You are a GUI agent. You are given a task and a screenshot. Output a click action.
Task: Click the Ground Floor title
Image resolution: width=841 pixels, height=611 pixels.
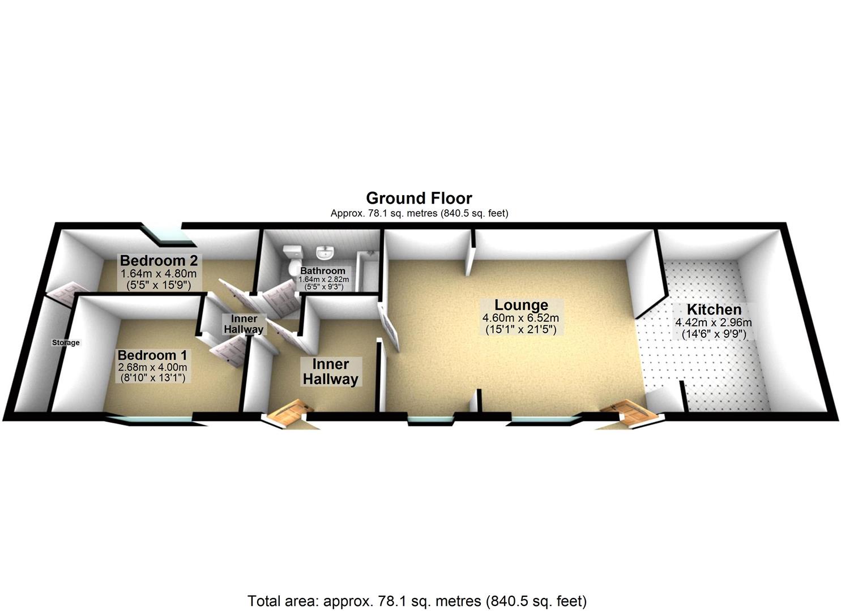419,198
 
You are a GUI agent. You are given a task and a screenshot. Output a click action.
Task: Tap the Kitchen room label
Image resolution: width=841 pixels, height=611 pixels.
714,310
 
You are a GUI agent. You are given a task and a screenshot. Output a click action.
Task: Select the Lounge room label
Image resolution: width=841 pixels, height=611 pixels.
521,305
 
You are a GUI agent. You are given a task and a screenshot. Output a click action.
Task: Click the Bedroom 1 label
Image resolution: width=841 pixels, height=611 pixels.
152,355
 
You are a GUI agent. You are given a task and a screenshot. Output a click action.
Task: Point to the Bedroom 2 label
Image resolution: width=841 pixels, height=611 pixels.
159,261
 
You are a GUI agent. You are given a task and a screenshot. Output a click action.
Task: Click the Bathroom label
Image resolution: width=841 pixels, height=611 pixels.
323,271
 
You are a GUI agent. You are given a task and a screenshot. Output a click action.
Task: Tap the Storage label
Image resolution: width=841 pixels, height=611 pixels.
66,342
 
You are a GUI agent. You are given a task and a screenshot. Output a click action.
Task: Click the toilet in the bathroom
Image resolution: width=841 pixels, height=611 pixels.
293,260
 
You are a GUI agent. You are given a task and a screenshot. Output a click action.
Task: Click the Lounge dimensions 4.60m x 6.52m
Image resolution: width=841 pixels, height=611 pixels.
521,318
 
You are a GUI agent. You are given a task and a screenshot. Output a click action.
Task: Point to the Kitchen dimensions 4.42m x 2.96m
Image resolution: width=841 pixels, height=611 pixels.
714,322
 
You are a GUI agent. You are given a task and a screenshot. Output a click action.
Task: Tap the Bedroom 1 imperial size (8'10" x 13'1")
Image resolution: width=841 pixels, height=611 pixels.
152,377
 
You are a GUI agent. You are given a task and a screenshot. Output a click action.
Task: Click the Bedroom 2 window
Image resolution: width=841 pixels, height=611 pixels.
168,235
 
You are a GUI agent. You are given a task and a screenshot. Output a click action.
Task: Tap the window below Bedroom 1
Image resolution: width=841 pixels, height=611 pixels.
149,419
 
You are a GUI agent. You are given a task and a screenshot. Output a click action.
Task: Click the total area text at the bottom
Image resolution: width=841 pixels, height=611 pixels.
417,601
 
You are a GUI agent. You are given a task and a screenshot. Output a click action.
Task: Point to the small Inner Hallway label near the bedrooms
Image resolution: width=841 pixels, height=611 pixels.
244,324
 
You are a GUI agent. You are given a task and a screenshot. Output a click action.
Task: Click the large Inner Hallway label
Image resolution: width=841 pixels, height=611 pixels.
331,372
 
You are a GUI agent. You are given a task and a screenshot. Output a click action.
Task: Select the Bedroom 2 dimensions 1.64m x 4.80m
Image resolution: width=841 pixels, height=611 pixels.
159,274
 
